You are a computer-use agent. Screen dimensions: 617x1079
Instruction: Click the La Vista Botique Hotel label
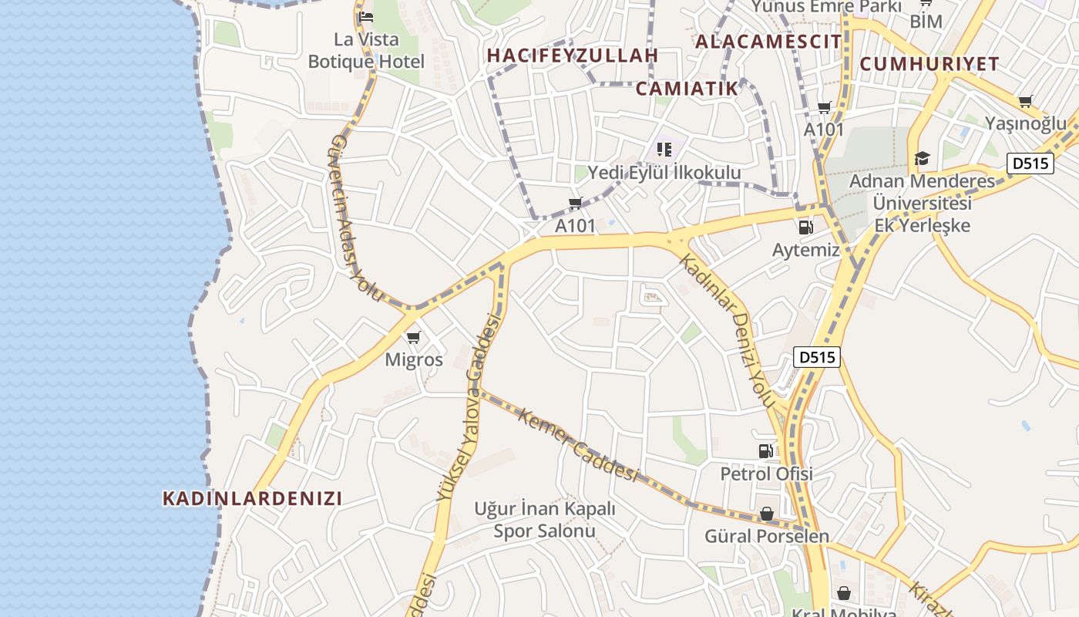366,50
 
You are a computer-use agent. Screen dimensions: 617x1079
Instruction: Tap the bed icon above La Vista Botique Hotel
366,16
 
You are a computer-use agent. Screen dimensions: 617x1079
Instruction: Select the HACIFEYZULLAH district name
573,56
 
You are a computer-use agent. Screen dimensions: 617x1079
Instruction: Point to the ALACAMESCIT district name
768,42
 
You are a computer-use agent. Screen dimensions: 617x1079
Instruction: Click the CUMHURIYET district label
929,64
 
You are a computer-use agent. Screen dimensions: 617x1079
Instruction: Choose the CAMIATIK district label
687,89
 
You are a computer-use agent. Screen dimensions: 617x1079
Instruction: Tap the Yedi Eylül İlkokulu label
664,173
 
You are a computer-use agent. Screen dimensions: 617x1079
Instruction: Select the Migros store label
414,360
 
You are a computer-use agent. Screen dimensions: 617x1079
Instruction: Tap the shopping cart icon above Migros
414,337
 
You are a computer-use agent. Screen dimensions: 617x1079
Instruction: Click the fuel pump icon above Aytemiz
805,227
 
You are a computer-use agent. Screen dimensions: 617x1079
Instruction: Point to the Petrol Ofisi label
766,474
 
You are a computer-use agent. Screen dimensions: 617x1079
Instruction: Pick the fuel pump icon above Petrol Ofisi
765,451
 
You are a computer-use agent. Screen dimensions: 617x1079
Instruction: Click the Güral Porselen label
767,536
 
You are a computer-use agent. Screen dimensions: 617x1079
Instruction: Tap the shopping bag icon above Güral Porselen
767,514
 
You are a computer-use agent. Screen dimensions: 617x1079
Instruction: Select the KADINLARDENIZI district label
252,498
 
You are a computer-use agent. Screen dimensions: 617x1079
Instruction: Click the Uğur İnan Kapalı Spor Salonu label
545,520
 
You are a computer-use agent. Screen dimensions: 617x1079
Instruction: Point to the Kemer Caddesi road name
578,445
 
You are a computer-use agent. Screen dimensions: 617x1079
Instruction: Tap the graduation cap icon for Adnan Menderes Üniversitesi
922,159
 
